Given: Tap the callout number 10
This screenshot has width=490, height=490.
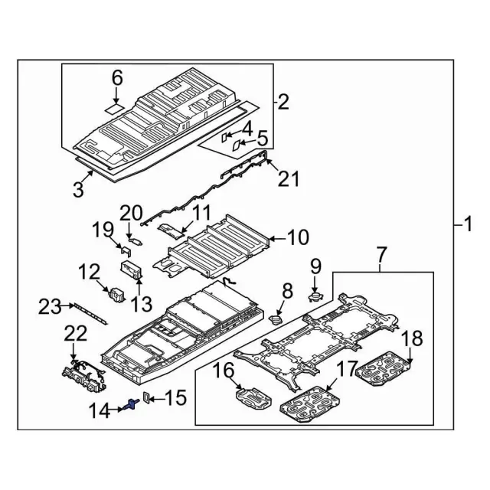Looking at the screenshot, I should tap(298, 239).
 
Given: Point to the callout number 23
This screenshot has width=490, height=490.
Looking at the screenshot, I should tap(50, 307).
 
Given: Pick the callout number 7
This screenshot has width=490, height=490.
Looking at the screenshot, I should tap(382, 253).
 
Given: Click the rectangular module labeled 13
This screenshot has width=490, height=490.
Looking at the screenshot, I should tap(132, 270).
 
